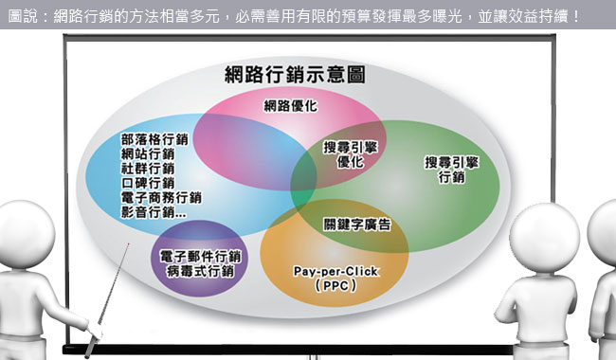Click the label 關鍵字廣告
coord(355,225)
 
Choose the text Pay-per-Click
coord(335,271)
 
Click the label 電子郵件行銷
coord(200,258)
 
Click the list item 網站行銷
coord(148,153)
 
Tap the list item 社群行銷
coord(148,168)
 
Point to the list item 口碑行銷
coord(148,183)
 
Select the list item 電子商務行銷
coord(162,198)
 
